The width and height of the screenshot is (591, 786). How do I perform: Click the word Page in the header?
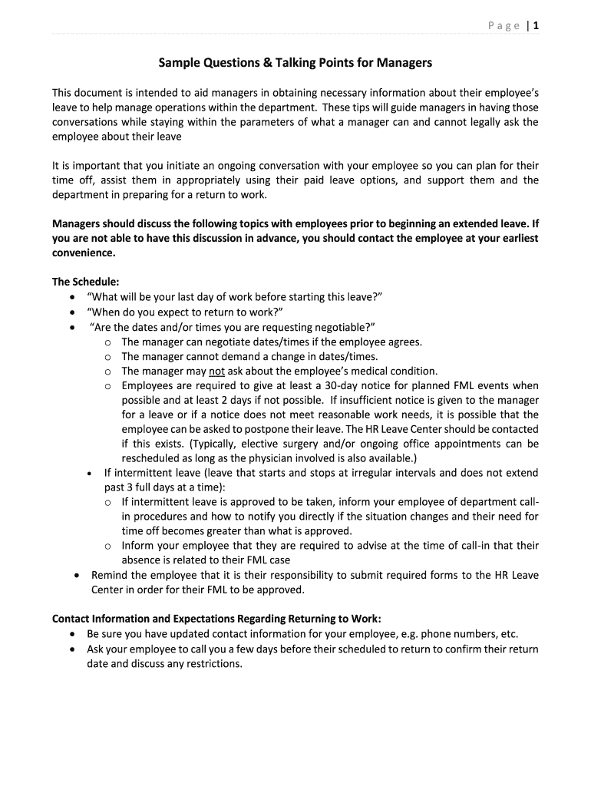tap(504, 26)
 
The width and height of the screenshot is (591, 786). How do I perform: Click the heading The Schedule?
tap(85, 282)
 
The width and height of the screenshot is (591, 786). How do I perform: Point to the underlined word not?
tap(216, 371)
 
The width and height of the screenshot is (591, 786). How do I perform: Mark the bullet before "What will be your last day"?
tap(72, 298)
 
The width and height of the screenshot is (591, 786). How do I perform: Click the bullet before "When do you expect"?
tap(72, 312)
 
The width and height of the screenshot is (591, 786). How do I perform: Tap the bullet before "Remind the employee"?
tap(75, 575)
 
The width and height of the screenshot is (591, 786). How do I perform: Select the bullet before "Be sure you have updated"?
tap(72, 635)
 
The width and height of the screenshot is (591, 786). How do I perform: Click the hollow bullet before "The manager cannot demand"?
tap(108, 357)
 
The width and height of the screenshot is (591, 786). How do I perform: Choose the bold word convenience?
tap(84, 253)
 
